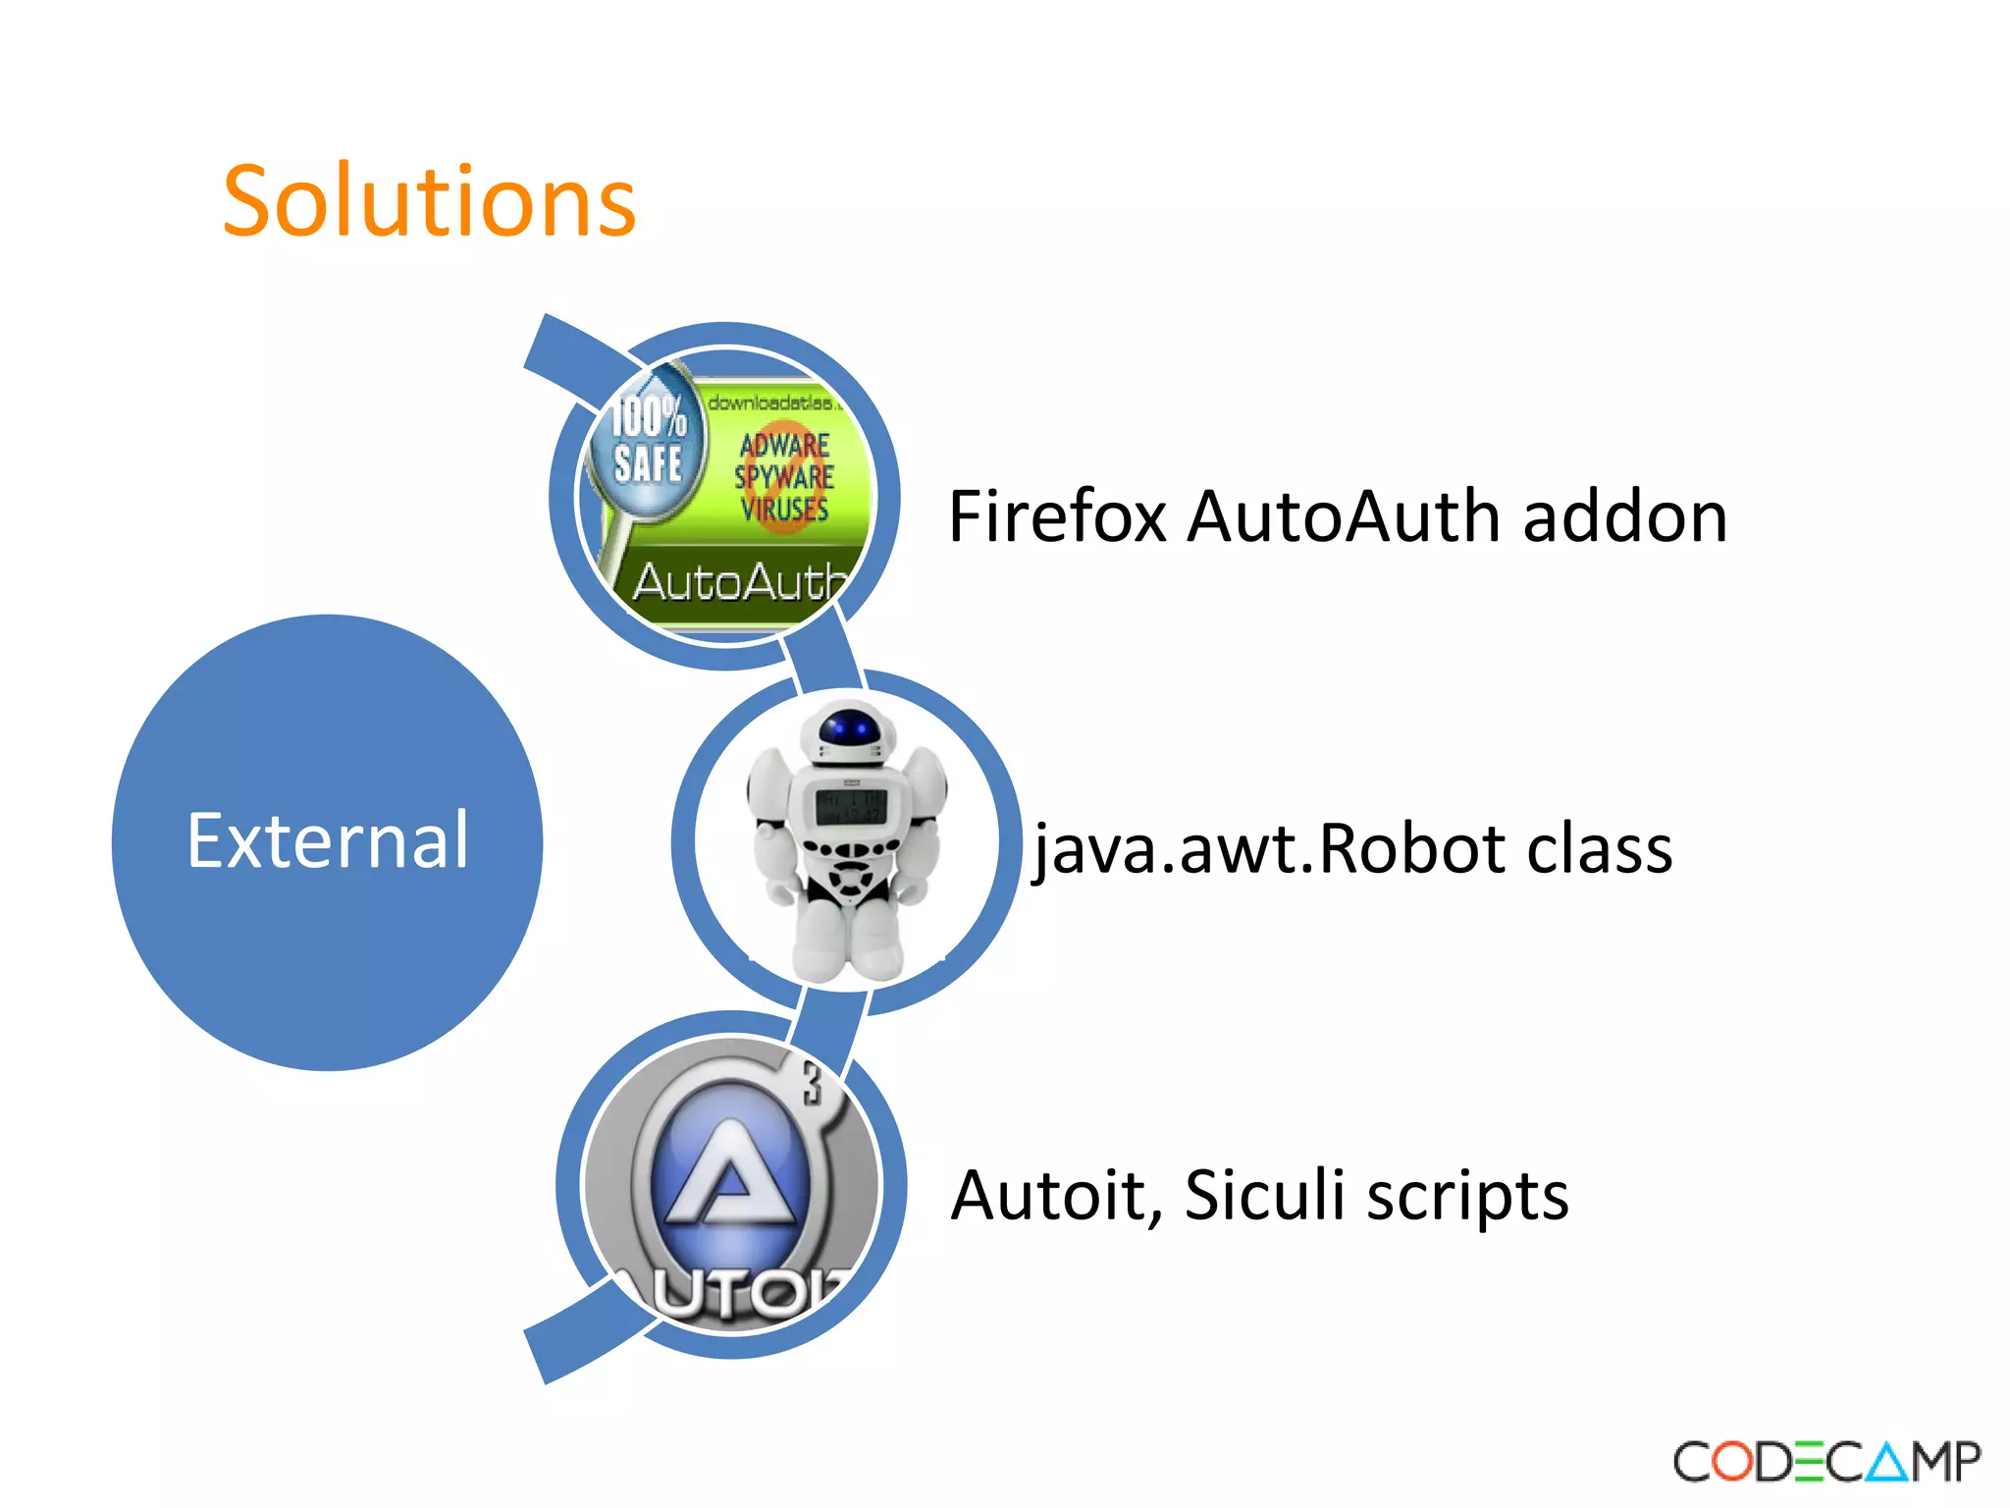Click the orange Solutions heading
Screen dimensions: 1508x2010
click(429, 202)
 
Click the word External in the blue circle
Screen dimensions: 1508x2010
click(328, 841)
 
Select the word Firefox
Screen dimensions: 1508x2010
click(1057, 517)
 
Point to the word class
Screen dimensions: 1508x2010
click(1598, 849)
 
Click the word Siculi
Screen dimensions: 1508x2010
click(1264, 1197)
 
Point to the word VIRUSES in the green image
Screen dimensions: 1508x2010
click(784, 510)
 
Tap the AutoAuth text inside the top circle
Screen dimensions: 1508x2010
click(738, 582)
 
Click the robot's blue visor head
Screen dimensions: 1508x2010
click(848, 729)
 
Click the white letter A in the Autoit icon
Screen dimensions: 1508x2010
click(726, 1173)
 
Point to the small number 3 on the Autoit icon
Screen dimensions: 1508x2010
click(812, 1084)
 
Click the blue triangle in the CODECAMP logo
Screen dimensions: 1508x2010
click(1886, 1462)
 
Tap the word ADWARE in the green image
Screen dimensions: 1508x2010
click(784, 445)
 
